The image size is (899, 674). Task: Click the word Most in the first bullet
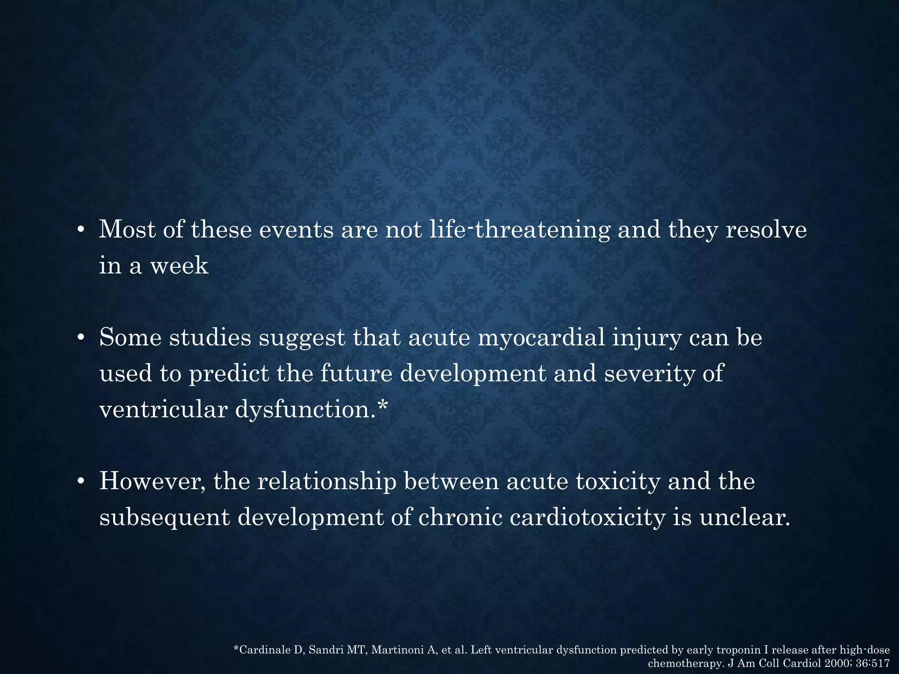point(127,229)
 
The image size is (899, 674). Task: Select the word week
point(179,265)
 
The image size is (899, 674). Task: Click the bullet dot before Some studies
point(80,338)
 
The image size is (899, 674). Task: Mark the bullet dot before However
point(80,481)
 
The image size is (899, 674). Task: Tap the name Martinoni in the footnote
point(398,650)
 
